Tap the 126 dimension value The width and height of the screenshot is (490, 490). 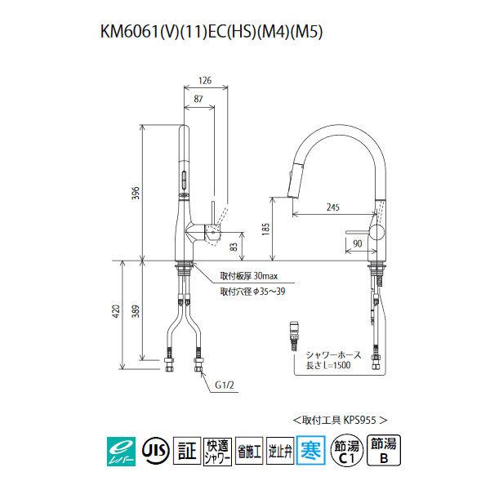205,80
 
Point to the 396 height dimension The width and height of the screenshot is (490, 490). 136,193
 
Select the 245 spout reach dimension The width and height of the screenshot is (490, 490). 331,207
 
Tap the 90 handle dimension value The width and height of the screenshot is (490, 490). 357,244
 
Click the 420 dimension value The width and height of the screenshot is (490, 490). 118,311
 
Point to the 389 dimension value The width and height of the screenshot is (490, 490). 136,311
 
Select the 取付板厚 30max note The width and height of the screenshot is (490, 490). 247,275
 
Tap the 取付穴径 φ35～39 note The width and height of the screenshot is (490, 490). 252,291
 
